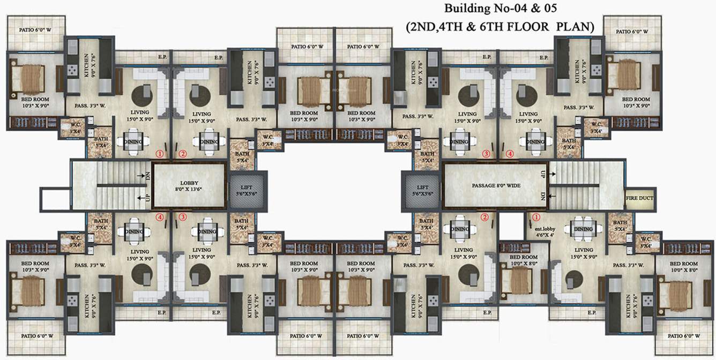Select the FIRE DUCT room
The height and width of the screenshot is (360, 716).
point(639,198)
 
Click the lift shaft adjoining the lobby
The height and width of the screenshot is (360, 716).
point(244,189)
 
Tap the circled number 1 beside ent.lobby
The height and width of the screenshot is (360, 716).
point(535,217)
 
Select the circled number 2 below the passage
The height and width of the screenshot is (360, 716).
point(484,217)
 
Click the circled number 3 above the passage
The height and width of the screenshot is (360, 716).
point(486,154)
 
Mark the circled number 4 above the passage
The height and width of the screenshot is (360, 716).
point(510,154)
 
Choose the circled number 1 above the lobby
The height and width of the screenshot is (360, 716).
point(159,154)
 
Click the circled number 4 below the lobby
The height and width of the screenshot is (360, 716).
point(159,217)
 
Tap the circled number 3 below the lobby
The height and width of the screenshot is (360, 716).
point(183,217)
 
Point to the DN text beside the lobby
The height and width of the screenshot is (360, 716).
point(146,175)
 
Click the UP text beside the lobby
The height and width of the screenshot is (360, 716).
point(146,198)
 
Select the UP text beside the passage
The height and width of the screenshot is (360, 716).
point(543,175)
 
